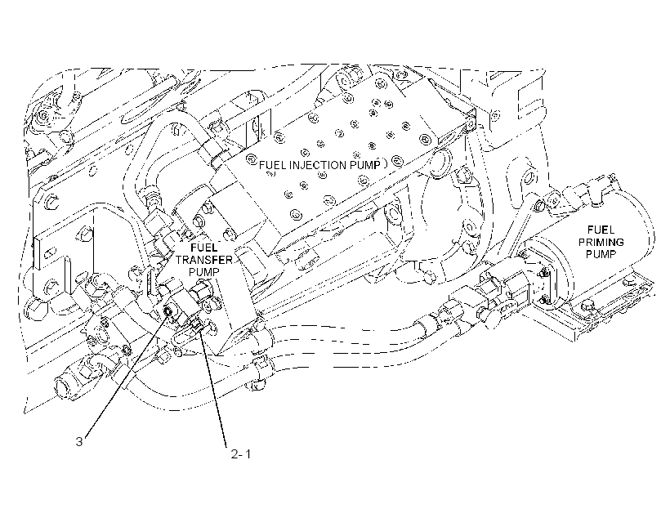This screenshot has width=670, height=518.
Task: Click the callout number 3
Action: click(x=79, y=441)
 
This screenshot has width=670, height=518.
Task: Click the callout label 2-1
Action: click(x=241, y=454)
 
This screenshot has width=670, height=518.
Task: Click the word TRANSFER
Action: click(x=204, y=260)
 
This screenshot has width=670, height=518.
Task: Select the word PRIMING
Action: click(x=601, y=242)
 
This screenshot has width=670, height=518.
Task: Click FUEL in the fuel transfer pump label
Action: click(x=203, y=248)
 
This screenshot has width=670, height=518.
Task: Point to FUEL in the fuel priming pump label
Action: click(x=601, y=230)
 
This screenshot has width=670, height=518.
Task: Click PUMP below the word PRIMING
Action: click(x=601, y=254)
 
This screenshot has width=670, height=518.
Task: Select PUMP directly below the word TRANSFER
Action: click(x=204, y=272)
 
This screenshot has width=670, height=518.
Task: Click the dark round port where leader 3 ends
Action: click(x=169, y=312)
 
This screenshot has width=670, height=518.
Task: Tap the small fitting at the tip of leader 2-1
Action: click(x=198, y=326)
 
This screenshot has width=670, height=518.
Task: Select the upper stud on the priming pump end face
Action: click(x=543, y=272)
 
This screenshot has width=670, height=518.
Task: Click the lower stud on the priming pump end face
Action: click(x=543, y=300)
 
